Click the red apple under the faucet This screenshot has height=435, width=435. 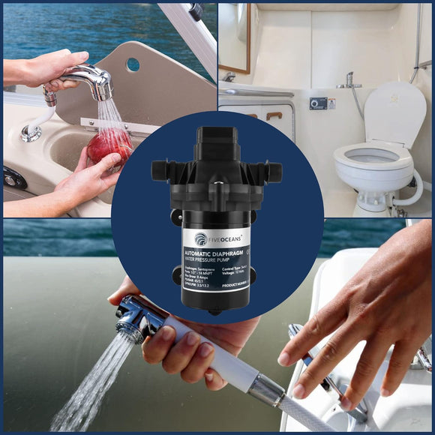109,145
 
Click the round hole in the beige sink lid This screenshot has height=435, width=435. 133,64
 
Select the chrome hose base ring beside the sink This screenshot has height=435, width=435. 31,133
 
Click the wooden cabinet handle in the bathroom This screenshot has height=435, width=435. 273,115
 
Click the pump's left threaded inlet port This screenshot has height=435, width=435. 160,170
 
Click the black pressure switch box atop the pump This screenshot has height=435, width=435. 217,142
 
